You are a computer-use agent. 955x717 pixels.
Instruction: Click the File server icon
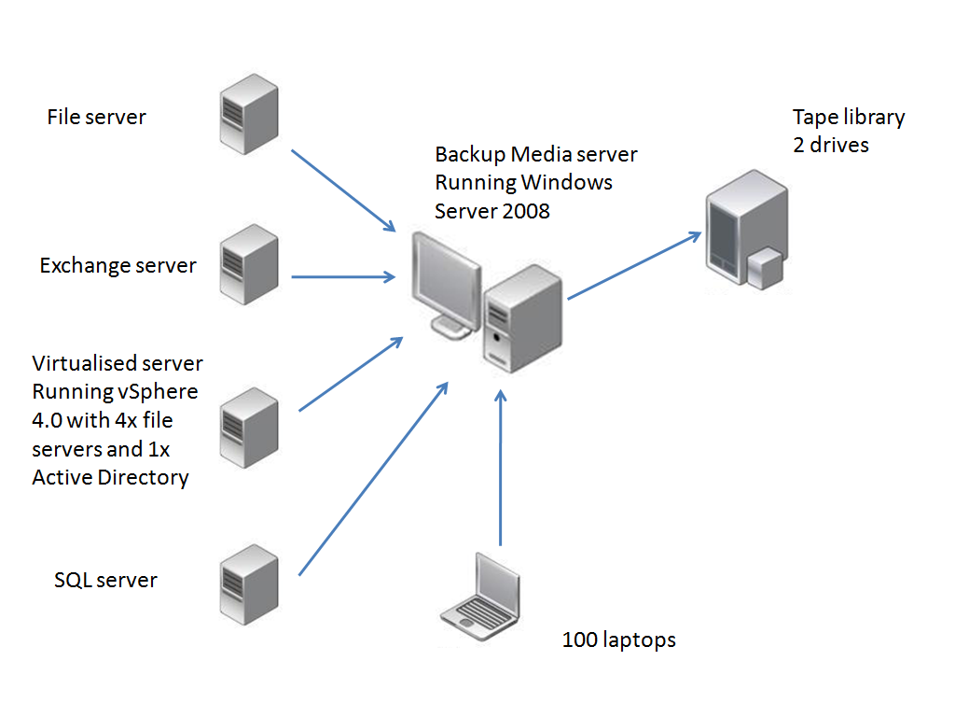[249, 114]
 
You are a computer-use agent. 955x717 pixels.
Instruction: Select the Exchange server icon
[249, 262]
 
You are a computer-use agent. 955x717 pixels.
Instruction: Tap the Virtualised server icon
[249, 426]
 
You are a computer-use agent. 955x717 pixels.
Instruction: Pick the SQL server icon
[249, 583]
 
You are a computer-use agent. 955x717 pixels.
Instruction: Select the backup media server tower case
[523, 317]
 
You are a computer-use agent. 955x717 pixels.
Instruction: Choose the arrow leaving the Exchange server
[341, 276]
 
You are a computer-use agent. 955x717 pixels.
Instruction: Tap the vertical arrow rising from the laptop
[501, 467]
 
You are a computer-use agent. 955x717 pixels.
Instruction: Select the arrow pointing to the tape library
[634, 266]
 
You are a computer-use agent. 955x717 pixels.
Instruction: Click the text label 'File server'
[96, 117]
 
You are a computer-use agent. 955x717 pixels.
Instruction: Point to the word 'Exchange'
[85, 266]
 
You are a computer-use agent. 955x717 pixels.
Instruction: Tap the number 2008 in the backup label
[520, 211]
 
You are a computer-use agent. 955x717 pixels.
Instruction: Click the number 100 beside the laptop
[579, 640]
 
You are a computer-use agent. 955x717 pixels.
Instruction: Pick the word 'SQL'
[74, 580]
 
